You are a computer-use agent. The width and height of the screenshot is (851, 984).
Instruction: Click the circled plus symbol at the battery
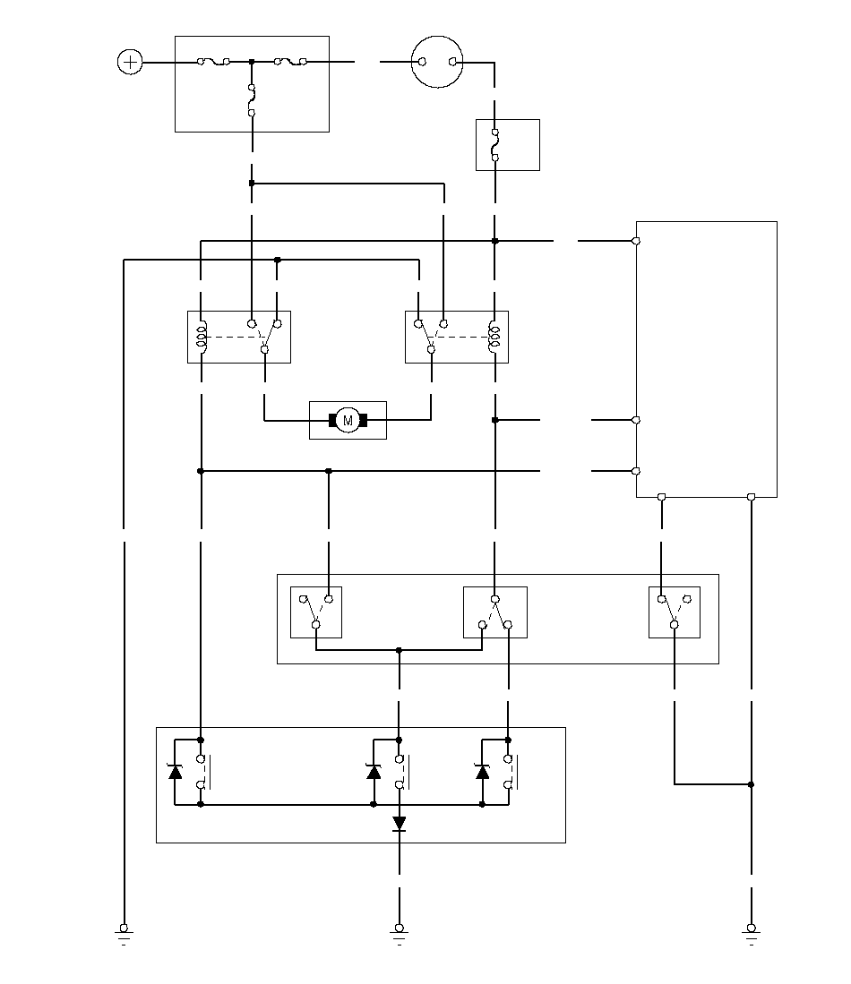(x=130, y=62)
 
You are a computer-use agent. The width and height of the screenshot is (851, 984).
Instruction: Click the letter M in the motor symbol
(x=348, y=421)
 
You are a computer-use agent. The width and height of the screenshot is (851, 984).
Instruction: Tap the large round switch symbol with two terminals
(x=437, y=62)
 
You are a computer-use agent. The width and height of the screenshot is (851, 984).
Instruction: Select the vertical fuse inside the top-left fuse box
(x=252, y=99)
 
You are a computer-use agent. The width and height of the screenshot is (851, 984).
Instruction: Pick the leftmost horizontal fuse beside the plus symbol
(x=213, y=62)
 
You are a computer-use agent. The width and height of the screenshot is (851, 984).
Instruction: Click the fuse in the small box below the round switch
(x=494, y=145)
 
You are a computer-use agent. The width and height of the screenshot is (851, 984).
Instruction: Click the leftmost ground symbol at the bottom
(x=124, y=935)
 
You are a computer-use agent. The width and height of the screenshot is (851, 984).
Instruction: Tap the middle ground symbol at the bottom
(x=399, y=935)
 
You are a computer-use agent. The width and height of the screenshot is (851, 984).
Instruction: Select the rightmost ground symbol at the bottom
(x=752, y=935)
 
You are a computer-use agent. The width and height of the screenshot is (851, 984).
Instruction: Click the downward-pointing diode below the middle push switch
(x=399, y=824)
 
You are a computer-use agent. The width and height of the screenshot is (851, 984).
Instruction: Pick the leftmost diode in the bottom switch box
(x=175, y=771)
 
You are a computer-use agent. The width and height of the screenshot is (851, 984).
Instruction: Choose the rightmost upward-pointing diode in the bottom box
(x=482, y=771)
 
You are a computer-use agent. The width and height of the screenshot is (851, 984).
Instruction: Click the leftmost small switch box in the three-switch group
(x=316, y=612)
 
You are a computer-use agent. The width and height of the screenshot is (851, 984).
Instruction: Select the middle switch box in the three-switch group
(x=494, y=612)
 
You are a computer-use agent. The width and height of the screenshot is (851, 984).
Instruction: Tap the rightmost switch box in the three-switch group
(x=675, y=612)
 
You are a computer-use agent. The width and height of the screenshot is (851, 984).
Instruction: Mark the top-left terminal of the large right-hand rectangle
(x=636, y=241)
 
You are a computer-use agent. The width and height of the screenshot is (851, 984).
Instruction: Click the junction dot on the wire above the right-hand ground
(x=752, y=784)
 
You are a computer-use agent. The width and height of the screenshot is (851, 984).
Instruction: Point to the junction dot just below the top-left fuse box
(x=252, y=184)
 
